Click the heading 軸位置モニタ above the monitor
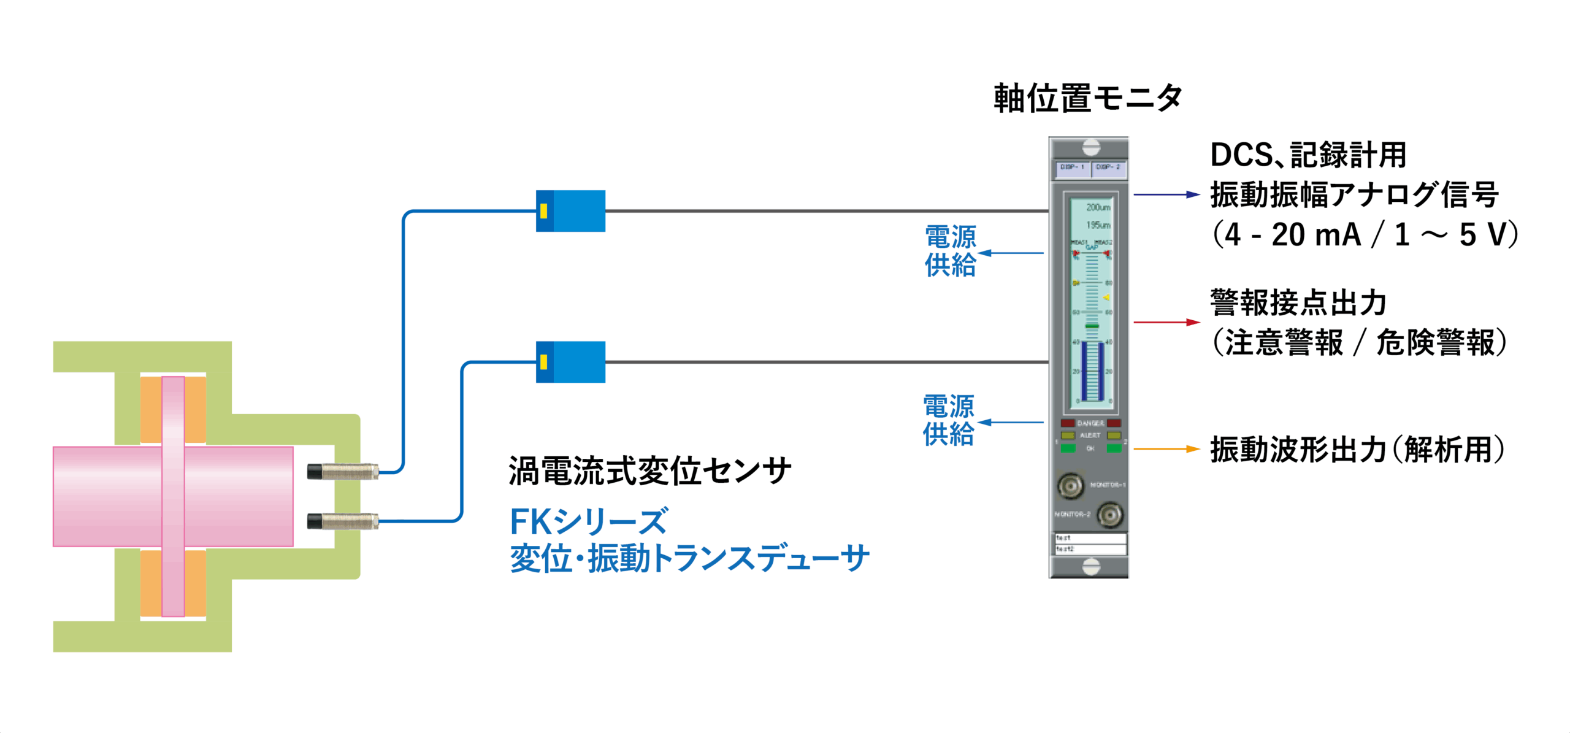click(1088, 98)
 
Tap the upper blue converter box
click(570, 211)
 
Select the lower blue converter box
click(570, 362)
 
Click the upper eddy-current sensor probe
click(343, 472)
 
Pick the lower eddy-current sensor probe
click(343, 522)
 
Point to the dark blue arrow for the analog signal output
click(1165, 194)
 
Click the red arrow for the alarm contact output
click(1165, 322)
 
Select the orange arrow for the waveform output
click(1165, 449)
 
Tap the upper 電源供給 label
click(950, 251)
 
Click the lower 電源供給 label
click(948, 421)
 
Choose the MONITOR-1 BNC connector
click(1070, 486)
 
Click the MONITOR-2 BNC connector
click(1109, 515)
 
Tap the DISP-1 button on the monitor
click(1072, 167)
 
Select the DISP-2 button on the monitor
click(1108, 167)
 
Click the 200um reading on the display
click(1098, 207)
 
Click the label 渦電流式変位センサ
click(649, 472)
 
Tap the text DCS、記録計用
click(1308, 155)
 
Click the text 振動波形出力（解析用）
click(1357, 450)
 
